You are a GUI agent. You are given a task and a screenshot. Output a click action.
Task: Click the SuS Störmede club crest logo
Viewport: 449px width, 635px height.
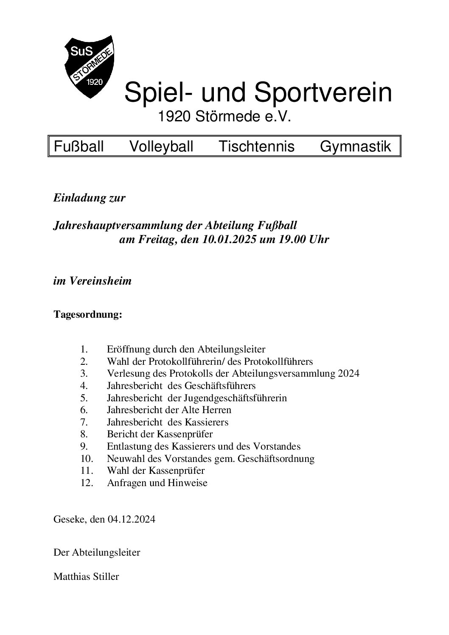[89, 66]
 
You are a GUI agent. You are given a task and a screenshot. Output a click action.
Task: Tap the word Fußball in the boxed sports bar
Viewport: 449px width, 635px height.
[79, 147]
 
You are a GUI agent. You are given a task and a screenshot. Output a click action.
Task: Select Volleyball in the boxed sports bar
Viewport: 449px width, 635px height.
[161, 147]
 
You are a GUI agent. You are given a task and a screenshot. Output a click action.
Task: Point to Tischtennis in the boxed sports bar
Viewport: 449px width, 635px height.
[256, 147]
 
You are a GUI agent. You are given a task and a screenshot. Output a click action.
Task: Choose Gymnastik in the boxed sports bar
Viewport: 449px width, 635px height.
[355, 147]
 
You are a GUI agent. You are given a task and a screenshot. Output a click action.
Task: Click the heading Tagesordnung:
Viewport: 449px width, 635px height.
[88, 315]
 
